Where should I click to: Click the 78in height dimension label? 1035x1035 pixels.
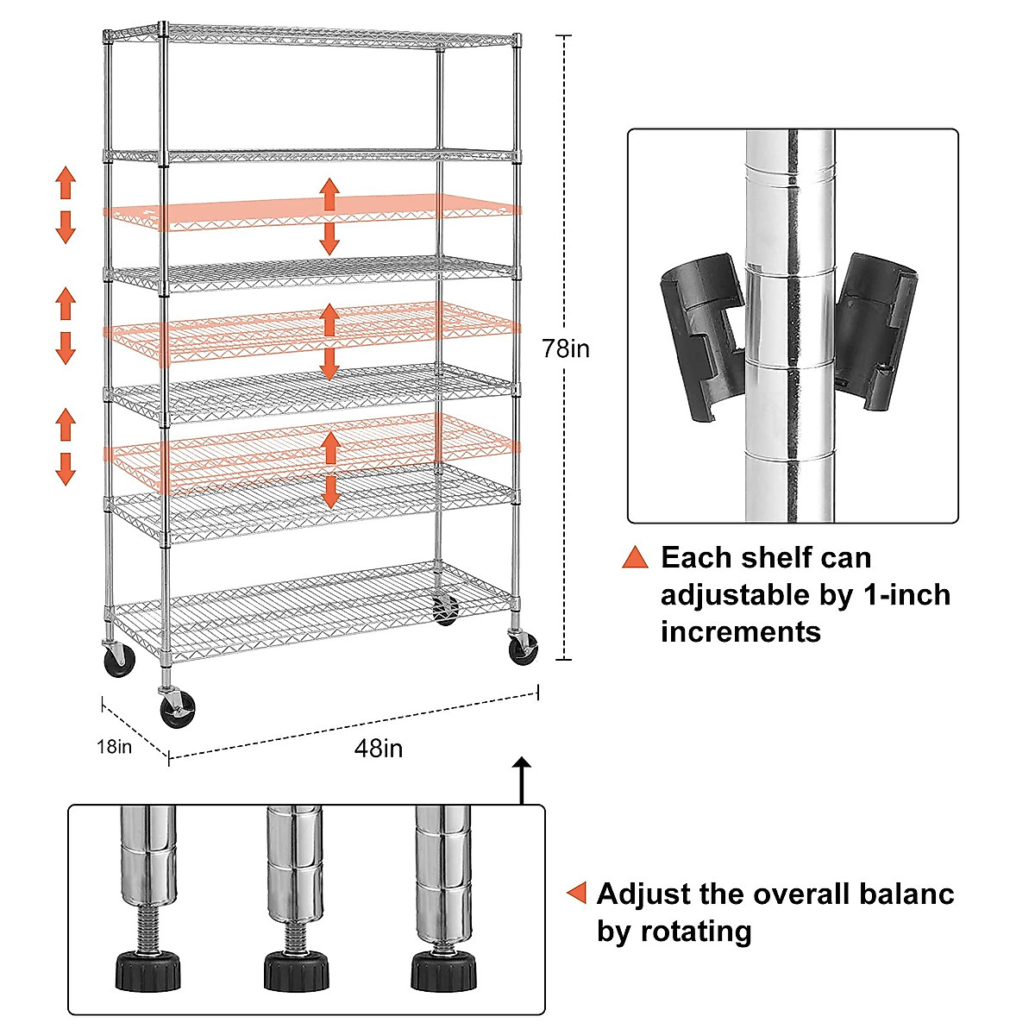point(566,348)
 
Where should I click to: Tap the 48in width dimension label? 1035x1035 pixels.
point(379,748)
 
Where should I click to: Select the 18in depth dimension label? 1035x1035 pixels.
point(114,746)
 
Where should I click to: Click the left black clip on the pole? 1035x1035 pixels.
point(702,336)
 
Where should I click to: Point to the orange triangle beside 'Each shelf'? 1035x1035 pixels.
point(635,557)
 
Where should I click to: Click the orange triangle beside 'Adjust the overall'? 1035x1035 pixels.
point(577,894)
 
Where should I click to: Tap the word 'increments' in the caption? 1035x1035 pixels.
point(740,631)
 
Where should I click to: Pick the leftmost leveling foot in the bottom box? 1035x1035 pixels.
point(148,970)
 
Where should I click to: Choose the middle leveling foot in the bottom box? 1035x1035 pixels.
point(296,970)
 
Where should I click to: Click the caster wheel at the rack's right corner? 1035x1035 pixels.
point(523,648)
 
